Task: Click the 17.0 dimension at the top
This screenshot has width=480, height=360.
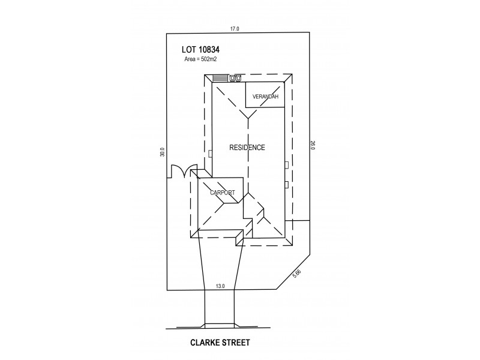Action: coord(235,29)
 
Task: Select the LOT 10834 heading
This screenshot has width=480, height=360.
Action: coord(200,50)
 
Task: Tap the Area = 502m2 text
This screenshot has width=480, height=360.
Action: coord(200,59)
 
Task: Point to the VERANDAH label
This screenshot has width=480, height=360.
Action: coord(265,97)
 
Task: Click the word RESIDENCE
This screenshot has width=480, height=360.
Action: coord(247,148)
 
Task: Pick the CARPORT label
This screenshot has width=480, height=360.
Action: coord(222,193)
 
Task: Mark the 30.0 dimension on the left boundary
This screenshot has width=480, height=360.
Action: coord(163,152)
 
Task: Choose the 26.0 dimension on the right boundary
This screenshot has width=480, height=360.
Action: coord(313,145)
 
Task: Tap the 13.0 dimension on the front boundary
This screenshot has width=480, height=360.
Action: coord(220,287)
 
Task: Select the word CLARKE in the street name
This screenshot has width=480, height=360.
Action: coord(204,343)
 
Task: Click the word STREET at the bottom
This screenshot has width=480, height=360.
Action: coord(235,343)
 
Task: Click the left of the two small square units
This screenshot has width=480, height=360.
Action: coord(232,79)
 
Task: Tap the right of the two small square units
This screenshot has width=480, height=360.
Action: coord(238,79)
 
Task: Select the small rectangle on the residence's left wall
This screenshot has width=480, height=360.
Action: coord(210,154)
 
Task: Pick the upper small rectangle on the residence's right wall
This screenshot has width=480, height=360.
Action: coord(287,165)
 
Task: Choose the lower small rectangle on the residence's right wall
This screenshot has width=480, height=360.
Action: coord(287,185)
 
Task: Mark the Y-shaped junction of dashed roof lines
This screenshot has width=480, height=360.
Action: coord(248,118)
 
